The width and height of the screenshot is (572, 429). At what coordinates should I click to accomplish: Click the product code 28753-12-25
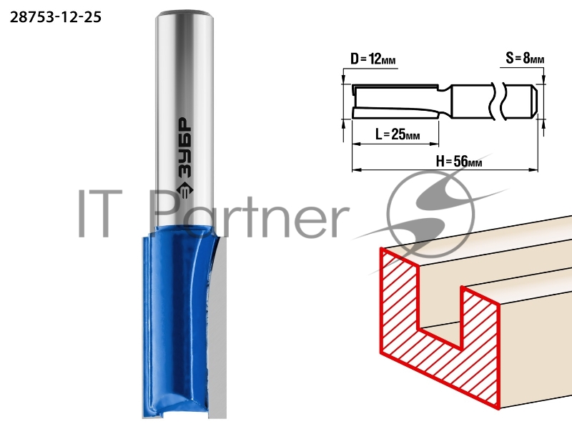pyautogui.click(x=56, y=17)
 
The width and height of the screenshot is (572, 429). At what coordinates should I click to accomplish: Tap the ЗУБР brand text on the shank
pyautogui.click(x=185, y=148)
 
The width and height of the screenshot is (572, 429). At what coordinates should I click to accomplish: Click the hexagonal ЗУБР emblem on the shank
pyautogui.click(x=184, y=189)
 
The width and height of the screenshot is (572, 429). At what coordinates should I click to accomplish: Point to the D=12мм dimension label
pyautogui.click(x=373, y=59)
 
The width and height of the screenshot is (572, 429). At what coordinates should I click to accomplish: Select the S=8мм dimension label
pyautogui.click(x=525, y=58)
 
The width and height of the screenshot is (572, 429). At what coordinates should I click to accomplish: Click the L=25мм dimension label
pyautogui.click(x=398, y=134)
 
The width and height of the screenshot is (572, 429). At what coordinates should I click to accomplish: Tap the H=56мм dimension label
pyautogui.click(x=459, y=161)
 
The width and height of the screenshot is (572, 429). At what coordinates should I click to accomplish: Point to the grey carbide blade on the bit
pyautogui.click(x=218, y=328)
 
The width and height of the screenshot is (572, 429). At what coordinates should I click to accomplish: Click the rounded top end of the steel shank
pyautogui.click(x=184, y=15)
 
